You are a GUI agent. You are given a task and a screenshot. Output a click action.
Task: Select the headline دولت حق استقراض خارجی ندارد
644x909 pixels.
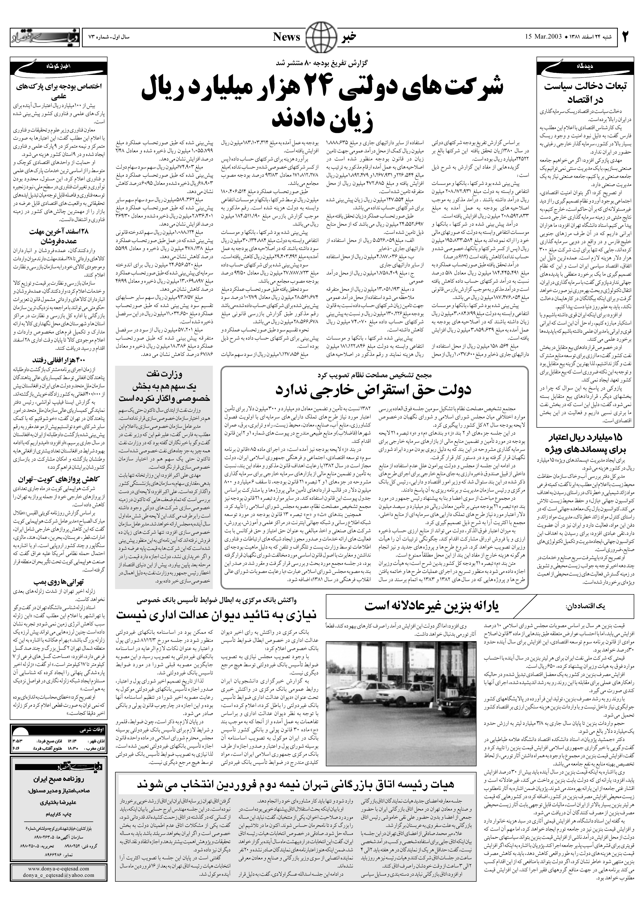pyautogui.click(x=374, y=390)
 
